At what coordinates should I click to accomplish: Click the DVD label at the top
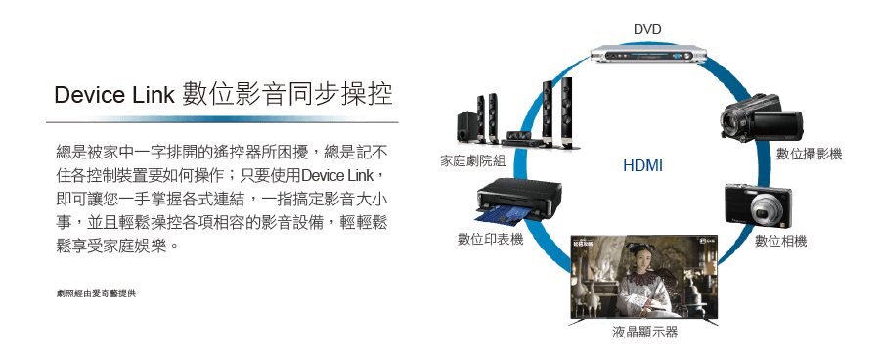[x=647, y=29]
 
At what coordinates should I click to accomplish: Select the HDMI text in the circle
[x=642, y=165]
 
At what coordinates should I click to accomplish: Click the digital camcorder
[x=761, y=117]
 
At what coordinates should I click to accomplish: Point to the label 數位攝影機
[x=809, y=154]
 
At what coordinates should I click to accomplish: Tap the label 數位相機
[x=780, y=242]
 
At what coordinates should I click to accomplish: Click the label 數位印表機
[x=490, y=240]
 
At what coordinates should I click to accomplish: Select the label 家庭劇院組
[x=472, y=161]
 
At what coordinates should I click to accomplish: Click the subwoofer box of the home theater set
[x=468, y=126]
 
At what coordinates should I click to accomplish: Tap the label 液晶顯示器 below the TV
[x=644, y=333]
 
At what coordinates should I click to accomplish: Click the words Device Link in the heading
[x=114, y=96]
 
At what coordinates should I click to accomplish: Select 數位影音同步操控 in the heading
[x=286, y=94]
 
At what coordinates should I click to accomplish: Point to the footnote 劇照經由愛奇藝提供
[x=96, y=293]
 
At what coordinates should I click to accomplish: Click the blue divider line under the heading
[x=222, y=119]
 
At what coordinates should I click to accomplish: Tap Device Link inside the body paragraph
[x=337, y=176]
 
